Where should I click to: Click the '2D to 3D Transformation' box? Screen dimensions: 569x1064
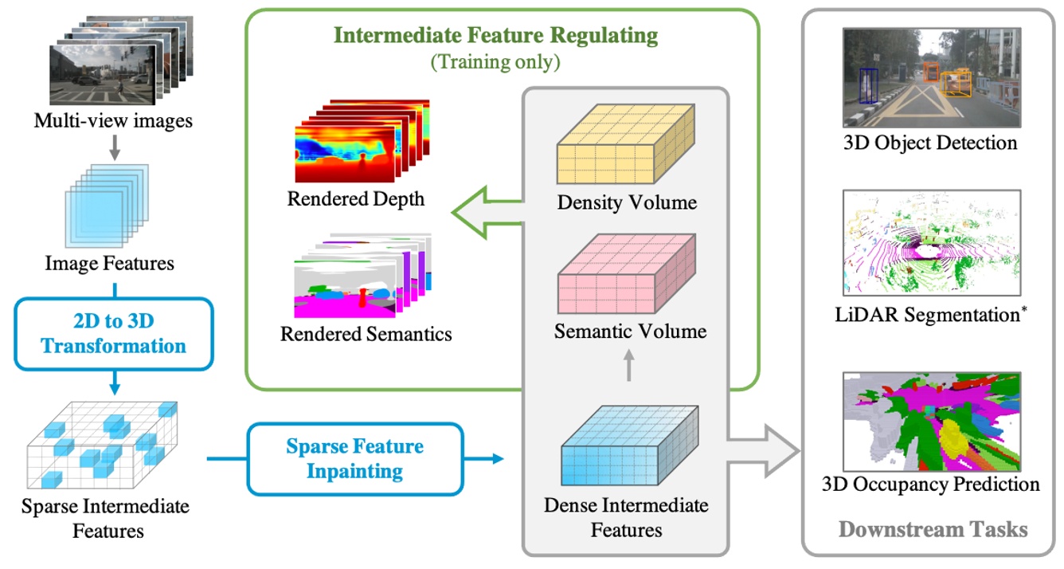pyautogui.click(x=114, y=334)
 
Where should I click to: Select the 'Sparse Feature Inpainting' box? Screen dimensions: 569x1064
pyautogui.click(x=354, y=458)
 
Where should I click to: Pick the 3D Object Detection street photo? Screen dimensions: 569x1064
pyautogui.click(x=930, y=77)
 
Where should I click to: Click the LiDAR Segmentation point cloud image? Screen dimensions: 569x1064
pyautogui.click(x=930, y=243)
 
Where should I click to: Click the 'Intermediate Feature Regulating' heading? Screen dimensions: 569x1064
pyautogui.click(x=496, y=36)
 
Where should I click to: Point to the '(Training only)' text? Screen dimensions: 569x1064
pyautogui.click(x=495, y=62)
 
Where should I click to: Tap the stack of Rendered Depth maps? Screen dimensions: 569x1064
pyautogui.click(x=362, y=142)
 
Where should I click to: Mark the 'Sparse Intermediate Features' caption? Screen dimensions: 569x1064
pyautogui.click(x=105, y=518)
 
